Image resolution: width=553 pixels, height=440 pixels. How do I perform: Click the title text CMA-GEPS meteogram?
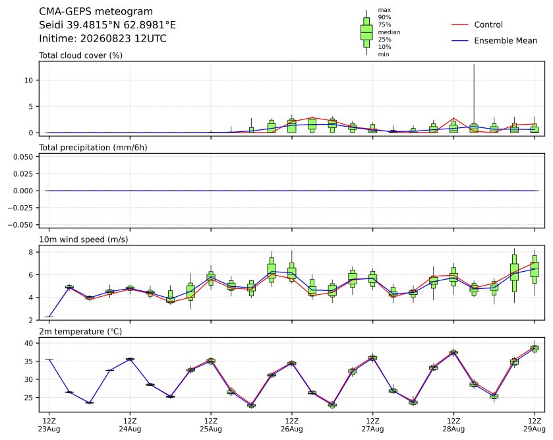pyautogui.click(x=96, y=12)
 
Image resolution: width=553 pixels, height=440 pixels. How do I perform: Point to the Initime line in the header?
pyautogui.click(x=103, y=38)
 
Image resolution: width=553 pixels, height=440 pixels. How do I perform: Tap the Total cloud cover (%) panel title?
pyautogui.click(x=81, y=55)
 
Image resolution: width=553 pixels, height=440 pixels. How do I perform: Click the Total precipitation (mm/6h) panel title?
pyautogui.click(x=93, y=148)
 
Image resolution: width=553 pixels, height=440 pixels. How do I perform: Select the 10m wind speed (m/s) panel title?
pyautogui.click(x=84, y=239)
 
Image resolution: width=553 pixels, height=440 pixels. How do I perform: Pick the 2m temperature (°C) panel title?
pyautogui.click(x=80, y=332)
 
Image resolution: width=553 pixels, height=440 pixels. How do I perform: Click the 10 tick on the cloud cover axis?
pyautogui.click(x=28, y=80)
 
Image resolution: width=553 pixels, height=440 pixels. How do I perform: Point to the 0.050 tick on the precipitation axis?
pyautogui.click(x=23, y=156)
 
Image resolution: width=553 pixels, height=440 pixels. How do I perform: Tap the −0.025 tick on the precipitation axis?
pyautogui.click(x=20, y=208)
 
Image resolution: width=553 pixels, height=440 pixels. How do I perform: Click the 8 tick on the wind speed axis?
pyautogui.click(x=31, y=252)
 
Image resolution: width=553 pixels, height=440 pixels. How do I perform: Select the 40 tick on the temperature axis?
pyautogui.click(x=28, y=343)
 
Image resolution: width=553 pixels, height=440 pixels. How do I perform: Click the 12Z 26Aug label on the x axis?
pyautogui.click(x=292, y=425)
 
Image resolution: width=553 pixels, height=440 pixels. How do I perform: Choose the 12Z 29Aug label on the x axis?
pyautogui.click(x=535, y=425)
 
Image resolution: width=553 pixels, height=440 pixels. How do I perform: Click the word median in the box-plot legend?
pyautogui.click(x=389, y=32)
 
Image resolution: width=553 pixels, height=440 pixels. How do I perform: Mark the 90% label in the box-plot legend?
pyautogui.click(x=384, y=17)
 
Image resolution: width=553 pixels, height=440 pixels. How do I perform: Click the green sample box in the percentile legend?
pyautogui.click(x=366, y=32)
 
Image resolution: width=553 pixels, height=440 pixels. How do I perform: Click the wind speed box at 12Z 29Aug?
pyautogui.click(x=535, y=270)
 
